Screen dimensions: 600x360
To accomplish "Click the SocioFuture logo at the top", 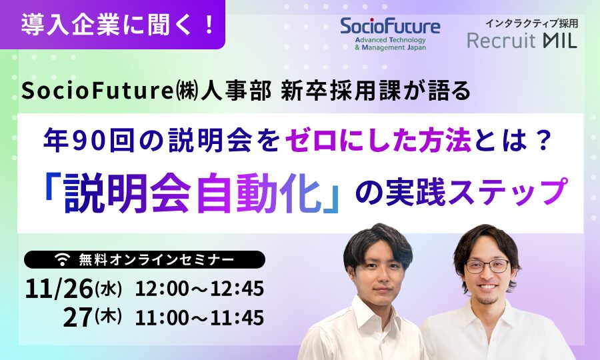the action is (x=390, y=33).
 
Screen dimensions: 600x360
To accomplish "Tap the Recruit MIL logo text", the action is (x=522, y=41).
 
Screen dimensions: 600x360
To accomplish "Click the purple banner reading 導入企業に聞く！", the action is (x=113, y=25).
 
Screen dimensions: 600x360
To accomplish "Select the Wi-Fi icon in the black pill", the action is (x=63, y=259).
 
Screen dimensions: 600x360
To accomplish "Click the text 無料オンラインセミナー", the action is (x=157, y=260).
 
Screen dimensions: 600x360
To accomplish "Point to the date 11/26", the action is (x=59, y=289).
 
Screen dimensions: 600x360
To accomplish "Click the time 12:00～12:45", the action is (x=199, y=289).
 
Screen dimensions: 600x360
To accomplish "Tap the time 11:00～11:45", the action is (x=199, y=317).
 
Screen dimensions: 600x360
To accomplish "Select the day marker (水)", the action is (x=108, y=288).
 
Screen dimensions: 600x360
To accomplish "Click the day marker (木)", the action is (x=108, y=317).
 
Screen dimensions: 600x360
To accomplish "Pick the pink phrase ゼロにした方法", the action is (x=378, y=141).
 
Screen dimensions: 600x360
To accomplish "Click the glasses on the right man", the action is (x=487, y=265).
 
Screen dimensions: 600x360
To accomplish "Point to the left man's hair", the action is (x=378, y=242).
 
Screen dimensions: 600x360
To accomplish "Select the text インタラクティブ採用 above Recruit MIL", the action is (x=531, y=24).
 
